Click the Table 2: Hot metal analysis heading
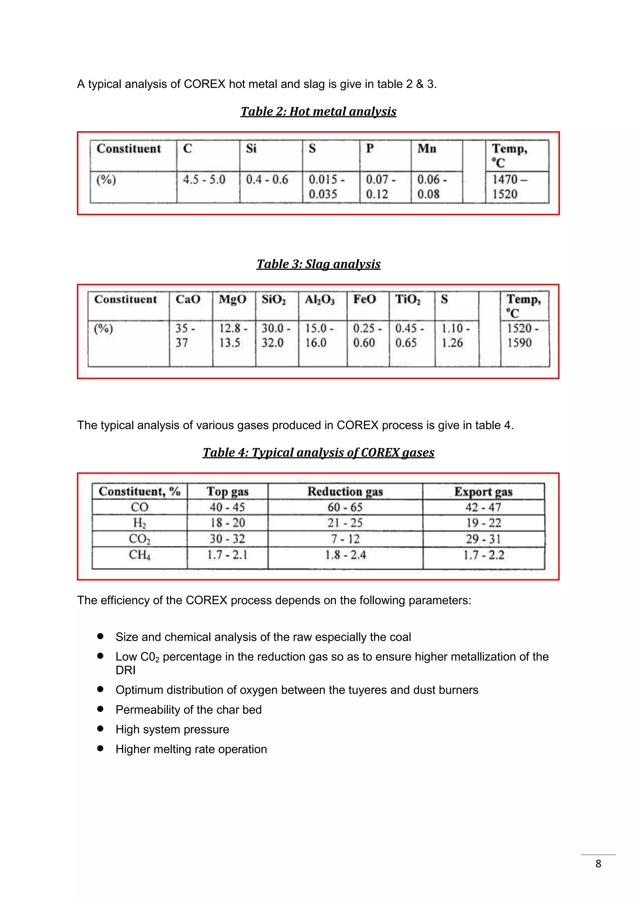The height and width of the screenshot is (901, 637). pos(318,111)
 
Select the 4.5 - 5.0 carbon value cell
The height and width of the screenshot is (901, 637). pos(204,180)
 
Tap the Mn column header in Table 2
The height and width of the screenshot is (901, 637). pos(427,149)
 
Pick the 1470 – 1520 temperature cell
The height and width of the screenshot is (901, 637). pos(510,187)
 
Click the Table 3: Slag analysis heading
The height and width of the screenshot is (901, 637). pos(318,264)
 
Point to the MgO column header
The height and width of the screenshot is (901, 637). pos(233,299)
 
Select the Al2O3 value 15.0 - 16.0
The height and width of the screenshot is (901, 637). pos(319,335)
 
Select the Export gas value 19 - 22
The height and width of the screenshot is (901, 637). pos(483,523)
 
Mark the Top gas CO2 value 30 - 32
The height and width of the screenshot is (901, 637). pos(227,539)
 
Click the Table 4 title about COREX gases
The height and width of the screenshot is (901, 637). pos(318,452)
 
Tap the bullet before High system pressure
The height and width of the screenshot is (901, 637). pos(100,729)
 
